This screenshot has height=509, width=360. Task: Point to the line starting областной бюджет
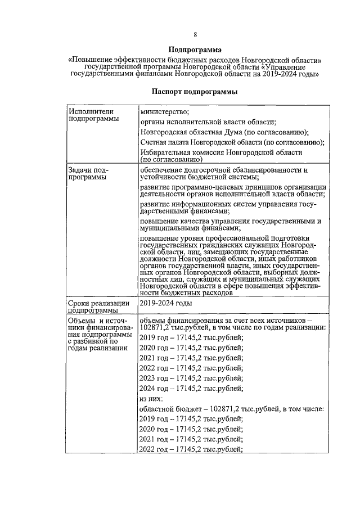point(231,409)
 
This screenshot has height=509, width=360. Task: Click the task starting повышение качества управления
point(231,225)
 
